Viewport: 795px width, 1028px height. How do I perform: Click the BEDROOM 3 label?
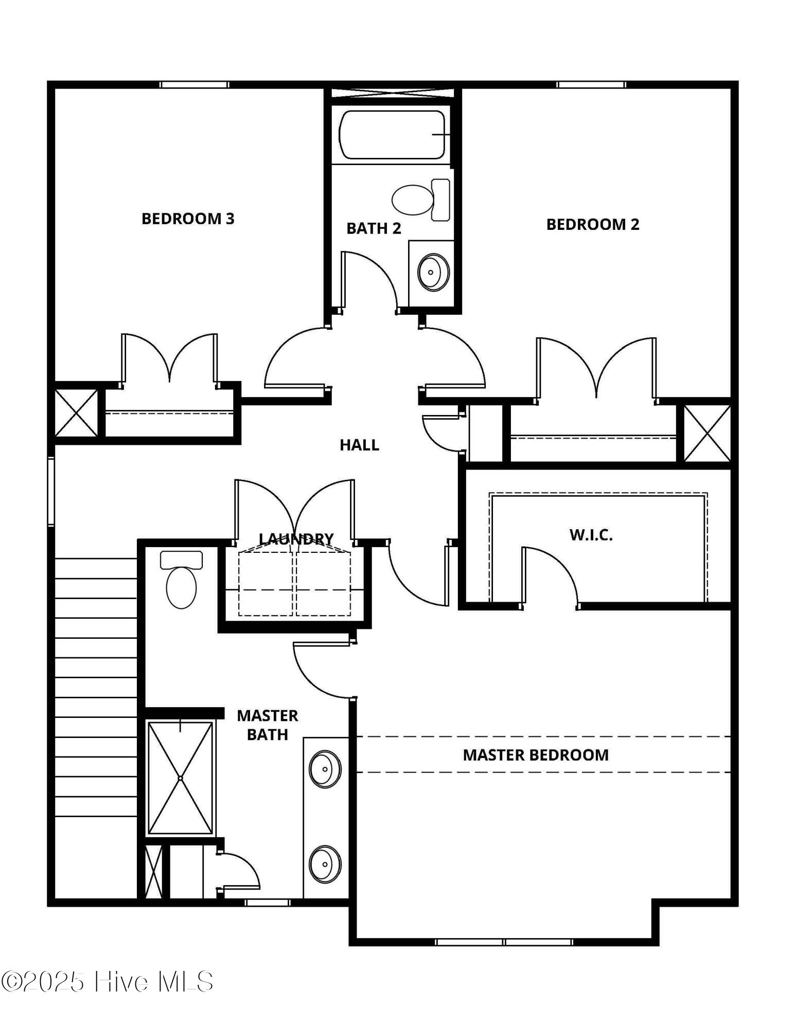pos(188,219)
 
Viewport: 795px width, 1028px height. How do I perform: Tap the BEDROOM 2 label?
pos(592,224)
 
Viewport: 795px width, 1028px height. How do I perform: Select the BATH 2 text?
pos(374,228)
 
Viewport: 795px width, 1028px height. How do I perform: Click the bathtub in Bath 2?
pos(392,135)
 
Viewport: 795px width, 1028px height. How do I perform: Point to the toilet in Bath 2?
pos(419,200)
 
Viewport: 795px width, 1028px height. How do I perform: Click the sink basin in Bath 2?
pos(433,272)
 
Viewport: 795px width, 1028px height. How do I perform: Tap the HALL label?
pos(359,445)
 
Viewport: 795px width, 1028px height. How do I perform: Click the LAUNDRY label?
pos(296,538)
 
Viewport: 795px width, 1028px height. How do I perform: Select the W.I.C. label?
pos(591,535)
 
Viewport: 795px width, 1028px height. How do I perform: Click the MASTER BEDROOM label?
pos(535,755)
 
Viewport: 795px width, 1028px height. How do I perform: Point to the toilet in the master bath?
pos(181,580)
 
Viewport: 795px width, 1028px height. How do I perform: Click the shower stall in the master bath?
pos(180,778)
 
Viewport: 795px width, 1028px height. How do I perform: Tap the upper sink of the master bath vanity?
pos(325,769)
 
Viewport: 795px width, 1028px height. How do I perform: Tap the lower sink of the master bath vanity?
pos(325,864)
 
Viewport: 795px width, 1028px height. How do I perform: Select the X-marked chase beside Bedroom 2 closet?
pos(707,433)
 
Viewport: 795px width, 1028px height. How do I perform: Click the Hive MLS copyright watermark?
pos(107,981)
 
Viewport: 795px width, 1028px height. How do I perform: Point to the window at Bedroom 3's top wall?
pos(194,85)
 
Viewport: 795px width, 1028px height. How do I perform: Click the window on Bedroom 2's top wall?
pos(591,85)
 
